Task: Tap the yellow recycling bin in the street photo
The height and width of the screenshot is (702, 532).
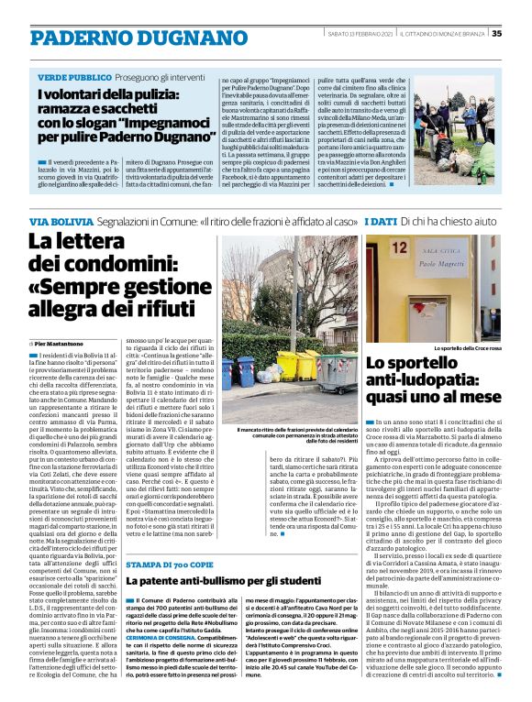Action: [290, 366]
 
